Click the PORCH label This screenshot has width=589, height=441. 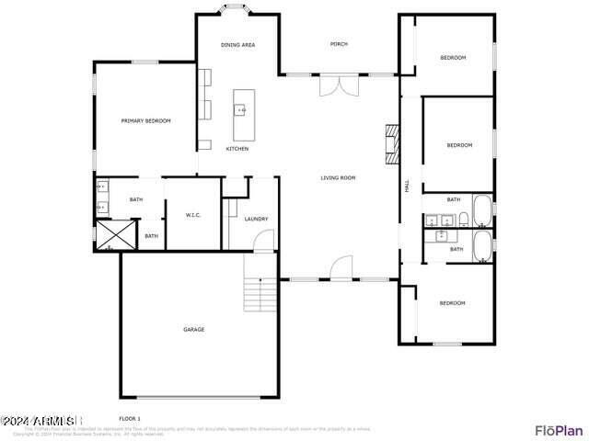(x=340, y=44)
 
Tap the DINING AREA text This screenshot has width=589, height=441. (x=237, y=45)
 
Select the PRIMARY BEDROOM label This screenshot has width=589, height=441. (x=146, y=120)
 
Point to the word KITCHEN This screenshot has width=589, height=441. (x=237, y=149)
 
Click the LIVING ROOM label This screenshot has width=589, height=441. (x=338, y=177)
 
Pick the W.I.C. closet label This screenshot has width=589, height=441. (x=193, y=215)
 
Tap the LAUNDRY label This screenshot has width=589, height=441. (x=256, y=219)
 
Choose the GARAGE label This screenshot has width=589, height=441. (x=193, y=329)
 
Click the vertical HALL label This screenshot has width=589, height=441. (x=407, y=186)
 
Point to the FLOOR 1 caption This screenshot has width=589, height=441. (x=129, y=418)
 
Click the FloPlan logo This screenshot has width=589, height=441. (x=559, y=429)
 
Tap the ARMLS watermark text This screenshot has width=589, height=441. (x=39, y=421)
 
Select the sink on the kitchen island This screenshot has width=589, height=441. (x=240, y=109)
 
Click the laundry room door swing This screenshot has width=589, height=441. (x=264, y=241)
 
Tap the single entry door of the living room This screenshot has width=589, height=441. (x=341, y=268)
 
